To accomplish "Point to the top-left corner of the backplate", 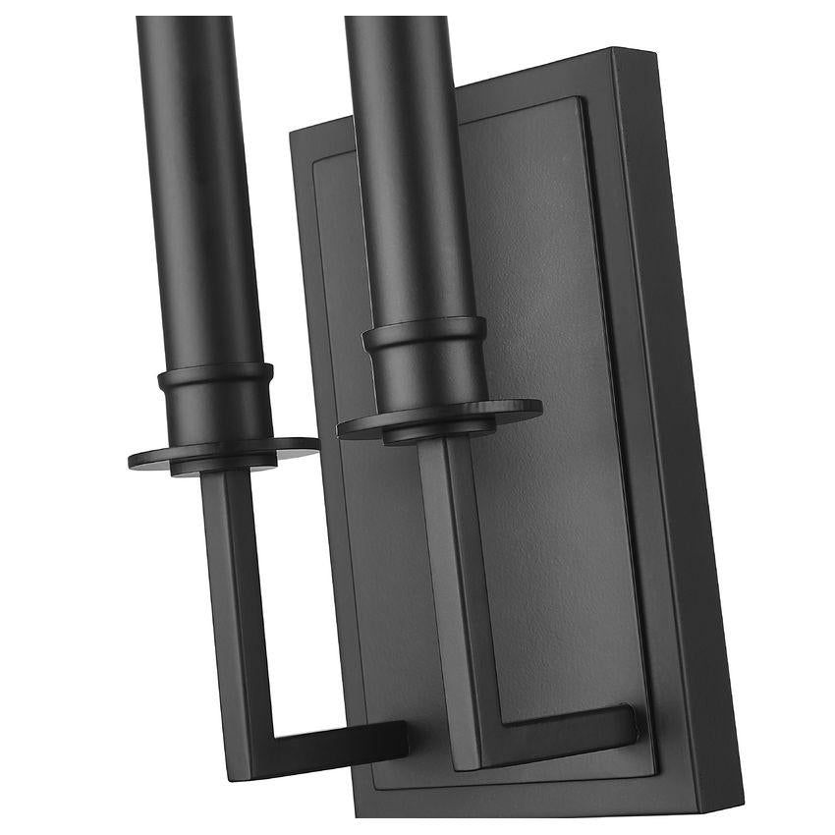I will point(295,135).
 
